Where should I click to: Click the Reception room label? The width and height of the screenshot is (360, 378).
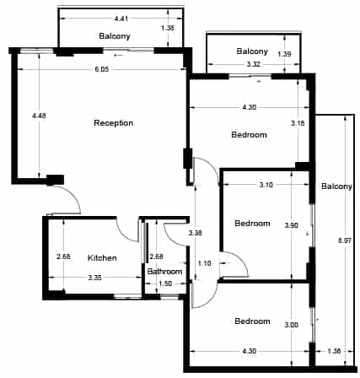[x=113, y=123]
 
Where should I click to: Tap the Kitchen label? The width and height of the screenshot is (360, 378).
[x=102, y=257]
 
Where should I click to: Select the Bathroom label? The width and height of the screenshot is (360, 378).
[x=164, y=272]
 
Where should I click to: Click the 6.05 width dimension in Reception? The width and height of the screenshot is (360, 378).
[x=101, y=69]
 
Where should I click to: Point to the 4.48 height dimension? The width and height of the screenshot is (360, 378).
[x=39, y=116]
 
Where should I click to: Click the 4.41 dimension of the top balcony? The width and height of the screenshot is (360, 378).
[x=121, y=19]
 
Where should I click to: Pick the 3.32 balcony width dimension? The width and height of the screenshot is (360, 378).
[x=253, y=64]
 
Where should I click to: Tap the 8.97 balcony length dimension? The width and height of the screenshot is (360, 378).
[x=345, y=240]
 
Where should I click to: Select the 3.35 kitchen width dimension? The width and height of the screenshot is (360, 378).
[x=94, y=278]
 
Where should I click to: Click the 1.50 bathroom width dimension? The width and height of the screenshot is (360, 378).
[x=165, y=283]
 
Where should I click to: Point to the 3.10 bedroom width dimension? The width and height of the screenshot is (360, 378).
[x=266, y=185]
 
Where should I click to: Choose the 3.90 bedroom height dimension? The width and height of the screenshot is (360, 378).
[x=291, y=225]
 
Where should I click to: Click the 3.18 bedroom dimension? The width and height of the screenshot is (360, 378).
[x=298, y=123]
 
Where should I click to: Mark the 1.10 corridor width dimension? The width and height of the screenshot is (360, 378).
[x=204, y=263]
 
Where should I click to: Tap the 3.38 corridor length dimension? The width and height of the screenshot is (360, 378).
[x=196, y=233]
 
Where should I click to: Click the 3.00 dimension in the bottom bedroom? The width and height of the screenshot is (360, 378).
[x=291, y=325]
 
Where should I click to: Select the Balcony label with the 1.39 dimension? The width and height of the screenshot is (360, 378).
[x=252, y=51]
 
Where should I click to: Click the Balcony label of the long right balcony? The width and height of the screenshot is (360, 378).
[x=336, y=186]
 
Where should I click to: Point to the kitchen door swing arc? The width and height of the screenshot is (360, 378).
[x=125, y=235]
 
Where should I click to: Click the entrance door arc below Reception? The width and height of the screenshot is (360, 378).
[x=73, y=194]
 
